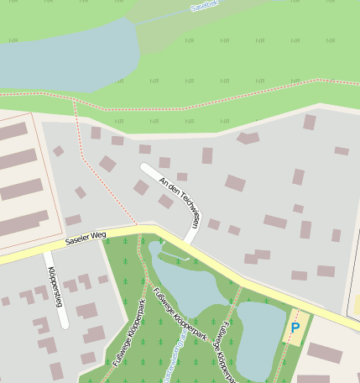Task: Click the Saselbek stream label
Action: [x=204, y=6]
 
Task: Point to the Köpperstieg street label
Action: [x=55, y=286]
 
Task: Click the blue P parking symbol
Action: [x=295, y=327]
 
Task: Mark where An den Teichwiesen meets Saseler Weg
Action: [x=189, y=241]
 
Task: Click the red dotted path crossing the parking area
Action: [x=290, y=336]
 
